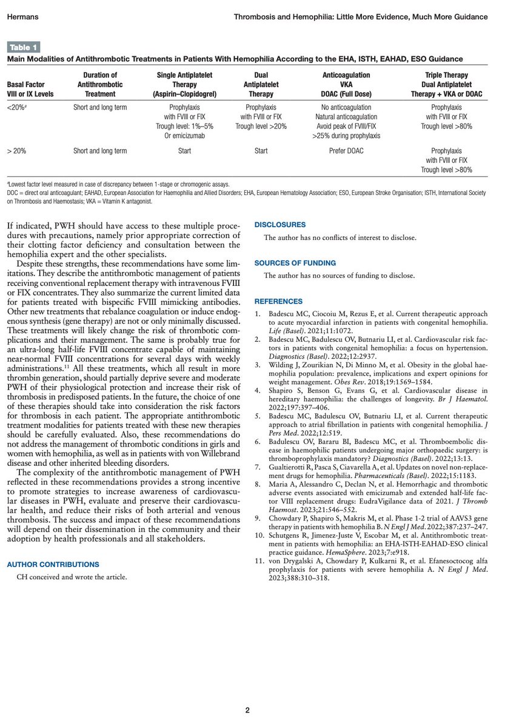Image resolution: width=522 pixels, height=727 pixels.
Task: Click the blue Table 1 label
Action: click(x=23, y=47)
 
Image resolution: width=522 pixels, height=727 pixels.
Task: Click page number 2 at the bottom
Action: click(x=247, y=710)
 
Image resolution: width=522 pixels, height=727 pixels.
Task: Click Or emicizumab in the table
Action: click(x=184, y=136)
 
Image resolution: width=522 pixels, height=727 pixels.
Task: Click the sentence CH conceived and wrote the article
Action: click(x=72, y=577)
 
